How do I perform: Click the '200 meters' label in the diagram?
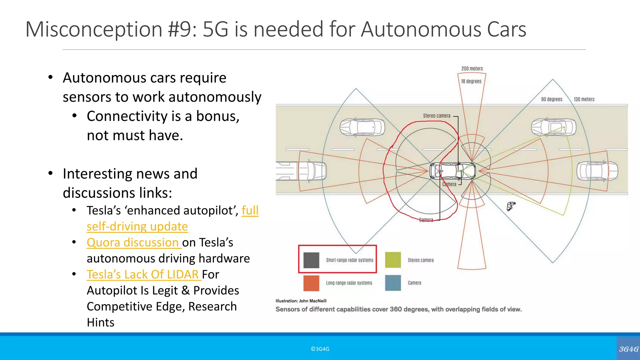click(x=472, y=68)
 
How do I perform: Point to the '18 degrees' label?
click(x=471, y=81)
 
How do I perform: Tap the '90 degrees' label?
click(x=552, y=99)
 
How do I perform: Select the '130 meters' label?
click(x=584, y=99)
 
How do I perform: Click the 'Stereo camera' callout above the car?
click(x=437, y=116)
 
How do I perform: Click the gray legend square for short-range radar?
click(x=311, y=260)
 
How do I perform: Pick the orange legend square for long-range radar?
click(x=311, y=283)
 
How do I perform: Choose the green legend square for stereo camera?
click(x=393, y=260)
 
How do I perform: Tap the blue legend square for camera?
click(x=393, y=283)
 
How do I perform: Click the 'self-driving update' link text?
click(x=137, y=227)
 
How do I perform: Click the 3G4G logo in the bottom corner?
click(x=628, y=349)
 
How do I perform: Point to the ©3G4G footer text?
click(x=320, y=349)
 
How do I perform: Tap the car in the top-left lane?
click(x=362, y=127)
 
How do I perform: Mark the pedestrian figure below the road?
click(x=511, y=206)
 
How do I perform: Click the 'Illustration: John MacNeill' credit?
click(x=301, y=301)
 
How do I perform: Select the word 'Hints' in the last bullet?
click(x=101, y=322)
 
